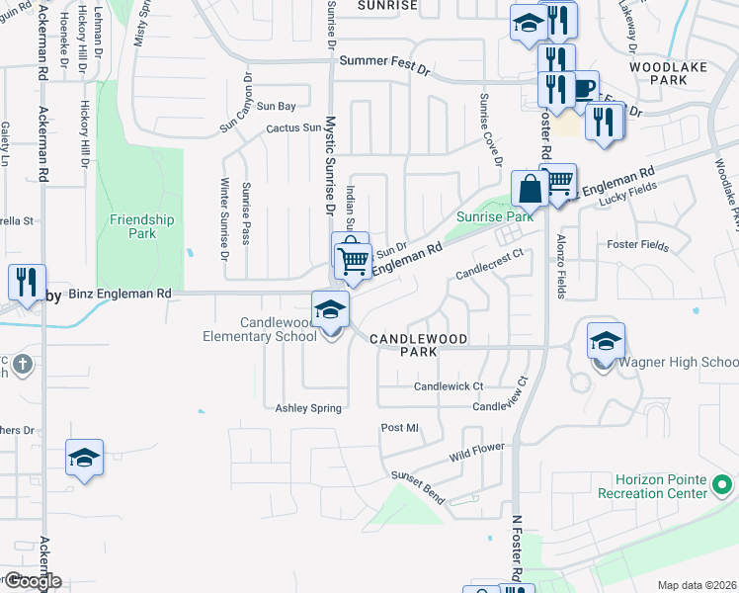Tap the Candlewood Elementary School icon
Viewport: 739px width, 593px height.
[x=331, y=309]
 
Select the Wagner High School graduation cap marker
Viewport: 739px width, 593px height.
[x=606, y=342]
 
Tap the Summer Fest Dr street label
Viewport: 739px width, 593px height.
[x=385, y=60]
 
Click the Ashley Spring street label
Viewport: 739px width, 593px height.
[x=308, y=408]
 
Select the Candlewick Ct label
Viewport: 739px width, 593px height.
[x=449, y=385]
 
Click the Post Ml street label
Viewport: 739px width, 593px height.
[x=400, y=428]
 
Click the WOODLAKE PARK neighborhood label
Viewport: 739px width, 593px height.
[x=669, y=72]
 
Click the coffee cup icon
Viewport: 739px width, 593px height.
[x=584, y=88]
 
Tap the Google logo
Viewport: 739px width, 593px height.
[x=32, y=581]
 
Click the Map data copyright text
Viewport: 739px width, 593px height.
[x=697, y=585]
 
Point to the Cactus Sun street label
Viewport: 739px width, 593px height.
[x=292, y=127]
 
